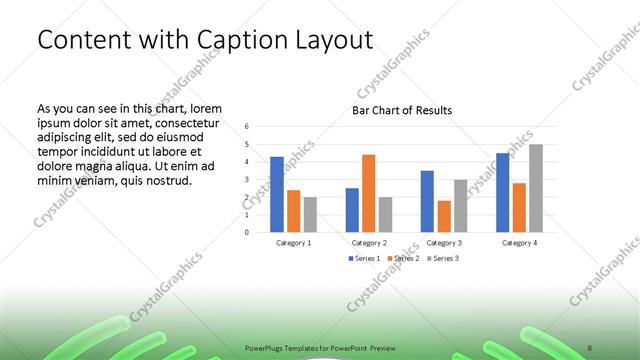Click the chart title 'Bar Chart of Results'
coord(402,110)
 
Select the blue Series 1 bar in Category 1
coord(277,194)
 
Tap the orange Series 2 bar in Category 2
coord(368,193)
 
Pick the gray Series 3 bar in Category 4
coord(536,188)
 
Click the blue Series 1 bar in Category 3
coord(427,201)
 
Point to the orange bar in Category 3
coord(444,216)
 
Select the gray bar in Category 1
coord(310,214)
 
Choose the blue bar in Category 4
coord(503,192)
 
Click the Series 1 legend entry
coord(363,258)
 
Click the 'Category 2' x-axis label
coord(369,242)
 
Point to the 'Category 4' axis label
coord(519,242)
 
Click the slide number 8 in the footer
coord(593,342)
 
